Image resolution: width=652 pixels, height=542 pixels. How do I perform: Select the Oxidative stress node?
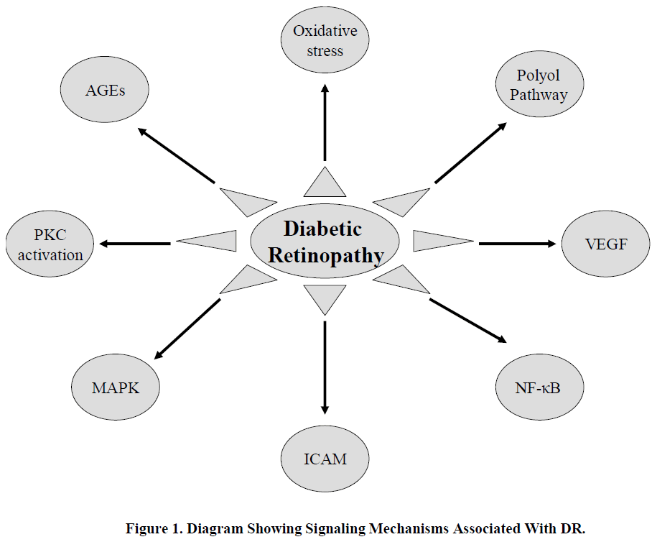(x=325, y=41)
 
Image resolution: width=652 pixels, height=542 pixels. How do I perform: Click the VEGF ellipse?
(x=605, y=243)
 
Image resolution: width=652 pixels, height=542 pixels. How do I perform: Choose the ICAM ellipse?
(x=325, y=458)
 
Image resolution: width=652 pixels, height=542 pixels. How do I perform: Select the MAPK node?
(x=115, y=388)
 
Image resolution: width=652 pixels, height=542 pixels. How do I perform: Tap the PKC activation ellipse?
(x=50, y=244)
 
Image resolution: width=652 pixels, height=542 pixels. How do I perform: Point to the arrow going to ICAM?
(x=325, y=367)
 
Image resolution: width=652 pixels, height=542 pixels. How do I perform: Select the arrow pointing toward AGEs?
(x=176, y=155)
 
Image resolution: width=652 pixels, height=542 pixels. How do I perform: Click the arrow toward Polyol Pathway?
(x=470, y=152)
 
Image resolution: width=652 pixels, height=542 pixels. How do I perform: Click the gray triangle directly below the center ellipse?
(x=325, y=297)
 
